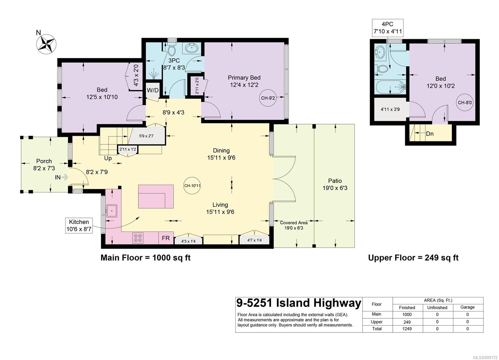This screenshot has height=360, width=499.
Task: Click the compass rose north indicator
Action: [46, 44]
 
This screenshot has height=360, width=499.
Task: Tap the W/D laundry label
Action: [153, 90]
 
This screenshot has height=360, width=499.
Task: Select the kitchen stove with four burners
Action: [138, 238]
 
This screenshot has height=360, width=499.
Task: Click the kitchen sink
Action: [111, 211]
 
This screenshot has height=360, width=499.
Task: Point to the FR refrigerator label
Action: [166, 238]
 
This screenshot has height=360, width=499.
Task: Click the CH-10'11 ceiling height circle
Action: [192, 185]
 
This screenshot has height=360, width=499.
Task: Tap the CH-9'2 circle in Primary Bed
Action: [268, 98]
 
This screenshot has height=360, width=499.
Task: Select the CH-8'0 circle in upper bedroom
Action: [465, 103]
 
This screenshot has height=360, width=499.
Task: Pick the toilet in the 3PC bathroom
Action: [172, 50]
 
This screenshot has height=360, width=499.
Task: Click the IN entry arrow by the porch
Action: [65, 177]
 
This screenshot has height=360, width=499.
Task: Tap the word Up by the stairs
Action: [108, 158]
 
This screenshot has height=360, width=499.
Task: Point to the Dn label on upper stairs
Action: [430, 134]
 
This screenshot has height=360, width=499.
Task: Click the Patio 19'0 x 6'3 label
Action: [335, 184]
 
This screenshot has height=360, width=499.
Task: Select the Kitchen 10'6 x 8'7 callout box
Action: [79, 226]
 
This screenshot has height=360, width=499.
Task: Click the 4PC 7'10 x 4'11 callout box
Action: [388, 28]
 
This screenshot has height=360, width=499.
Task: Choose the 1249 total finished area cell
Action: [407, 329]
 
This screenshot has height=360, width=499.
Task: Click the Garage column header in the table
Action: [468, 307]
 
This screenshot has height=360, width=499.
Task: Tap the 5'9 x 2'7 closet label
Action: [146, 136]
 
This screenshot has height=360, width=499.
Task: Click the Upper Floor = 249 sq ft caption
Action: [414, 258]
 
